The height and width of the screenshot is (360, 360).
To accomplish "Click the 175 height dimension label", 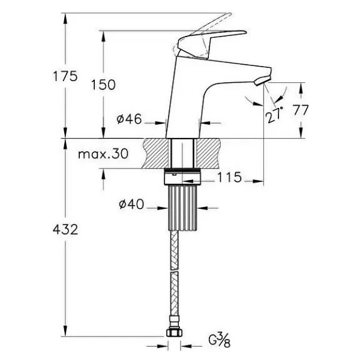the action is pyautogui.click(x=65, y=76).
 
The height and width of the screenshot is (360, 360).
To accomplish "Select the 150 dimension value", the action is pyautogui.click(x=103, y=85).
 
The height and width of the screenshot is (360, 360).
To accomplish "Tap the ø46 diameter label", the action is pyautogui.click(x=129, y=119).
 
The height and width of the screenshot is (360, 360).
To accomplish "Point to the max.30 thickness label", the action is pyautogui.click(x=103, y=154).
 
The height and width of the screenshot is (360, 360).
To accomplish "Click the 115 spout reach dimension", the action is pyautogui.click(x=230, y=177).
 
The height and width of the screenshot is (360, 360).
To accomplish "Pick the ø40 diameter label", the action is pyautogui.click(x=131, y=204).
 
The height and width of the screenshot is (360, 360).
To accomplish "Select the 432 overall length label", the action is pyautogui.click(x=65, y=229).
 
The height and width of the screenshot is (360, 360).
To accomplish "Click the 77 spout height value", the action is pyautogui.click(x=301, y=110).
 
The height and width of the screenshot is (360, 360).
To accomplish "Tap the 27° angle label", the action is pyautogui.click(x=274, y=115).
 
